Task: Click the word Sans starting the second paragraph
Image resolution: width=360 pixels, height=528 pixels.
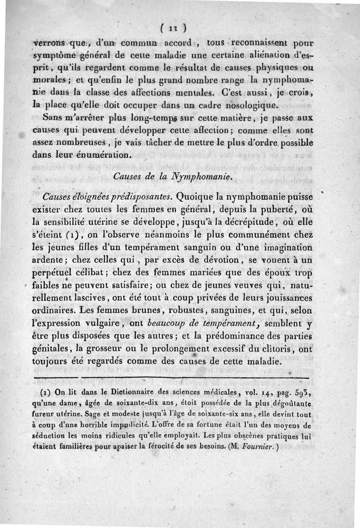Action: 55,118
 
